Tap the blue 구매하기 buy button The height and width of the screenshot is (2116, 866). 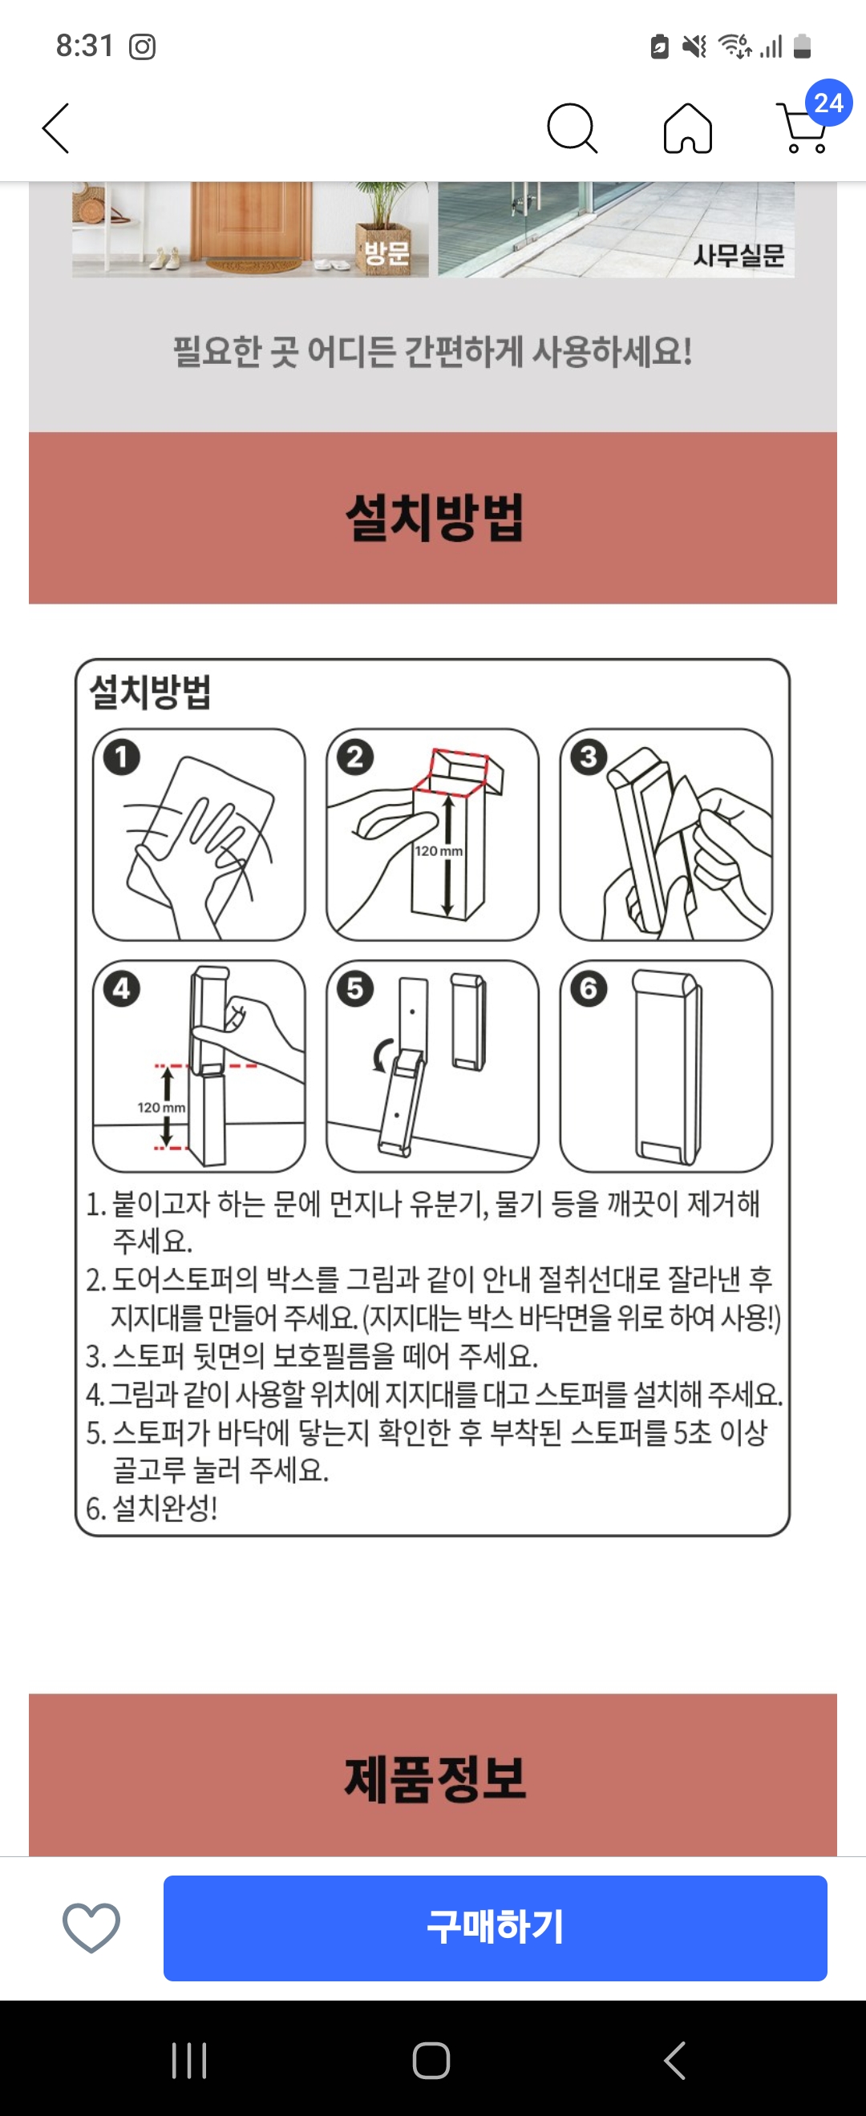[x=495, y=1927]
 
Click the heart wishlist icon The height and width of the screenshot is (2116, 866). [x=91, y=1927]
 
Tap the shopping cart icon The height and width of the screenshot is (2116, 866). [x=802, y=128]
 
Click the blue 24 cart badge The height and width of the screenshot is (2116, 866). [x=828, y=103]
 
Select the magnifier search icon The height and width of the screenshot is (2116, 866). [x=572, y=128]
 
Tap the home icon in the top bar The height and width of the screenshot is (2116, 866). [x=688, y=128]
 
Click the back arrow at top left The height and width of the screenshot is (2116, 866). [x=56, y=128]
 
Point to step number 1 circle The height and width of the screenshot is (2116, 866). [x=122, y=757]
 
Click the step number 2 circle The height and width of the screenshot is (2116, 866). [x=355, y=757]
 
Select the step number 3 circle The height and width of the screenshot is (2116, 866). [x=589, y=757]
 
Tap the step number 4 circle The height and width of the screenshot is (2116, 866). [x=122, y=988]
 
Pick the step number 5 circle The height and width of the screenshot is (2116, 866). [x=355, y=988]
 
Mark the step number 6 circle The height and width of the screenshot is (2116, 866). [x=589, y=988]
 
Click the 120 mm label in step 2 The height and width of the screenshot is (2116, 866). [x=438, y=851]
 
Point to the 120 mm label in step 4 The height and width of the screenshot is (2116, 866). [x=161, y=1107]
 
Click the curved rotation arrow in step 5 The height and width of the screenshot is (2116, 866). [x=381, y=1056]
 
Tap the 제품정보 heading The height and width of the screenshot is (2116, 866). [x=435, y=1779]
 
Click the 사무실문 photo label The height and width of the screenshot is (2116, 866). [x=739, y=256]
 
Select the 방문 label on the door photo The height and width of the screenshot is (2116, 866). [x=387, y=252]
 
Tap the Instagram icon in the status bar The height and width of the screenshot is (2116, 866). [x=142, y=46]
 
